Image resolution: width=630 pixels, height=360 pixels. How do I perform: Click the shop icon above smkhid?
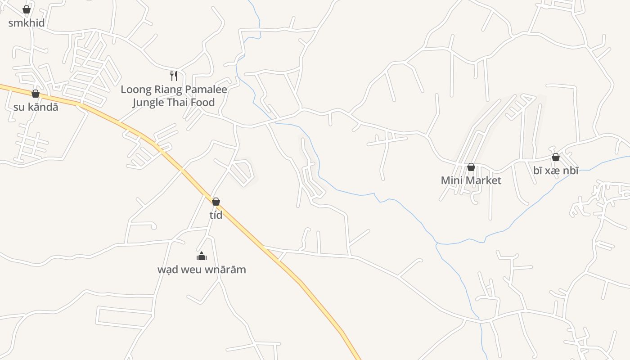(x=27, y=9)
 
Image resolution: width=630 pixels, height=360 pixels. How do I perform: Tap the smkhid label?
(x=27, y=22)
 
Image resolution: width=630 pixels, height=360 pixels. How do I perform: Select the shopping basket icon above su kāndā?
(x=36, y=94)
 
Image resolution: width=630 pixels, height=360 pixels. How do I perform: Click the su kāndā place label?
(x=36, y=107)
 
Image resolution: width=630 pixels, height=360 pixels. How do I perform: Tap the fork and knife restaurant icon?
(x=174, y=76)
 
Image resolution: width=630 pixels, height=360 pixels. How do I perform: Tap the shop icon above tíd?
(x=216, y=202)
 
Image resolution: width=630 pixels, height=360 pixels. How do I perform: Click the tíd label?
(x=216, y=215)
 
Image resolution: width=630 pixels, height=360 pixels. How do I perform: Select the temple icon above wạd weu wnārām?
(x=202, y=256)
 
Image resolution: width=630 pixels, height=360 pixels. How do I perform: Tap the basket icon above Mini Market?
(x=471, y=167)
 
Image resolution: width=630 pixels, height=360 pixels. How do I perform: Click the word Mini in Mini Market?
(x=451, y=180)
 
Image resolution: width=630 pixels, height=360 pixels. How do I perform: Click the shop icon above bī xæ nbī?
(x=556, y=157)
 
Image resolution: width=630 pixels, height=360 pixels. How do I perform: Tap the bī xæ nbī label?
(x=556, y=170)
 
